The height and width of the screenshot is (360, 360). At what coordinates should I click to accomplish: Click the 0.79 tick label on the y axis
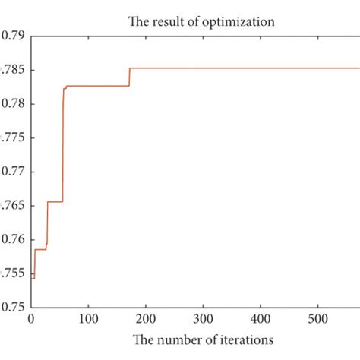(x=14, y=35)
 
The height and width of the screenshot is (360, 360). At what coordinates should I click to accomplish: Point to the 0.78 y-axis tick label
(x=14, y=103)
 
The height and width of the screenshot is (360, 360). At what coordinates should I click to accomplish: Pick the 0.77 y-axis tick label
(x=14, y=172)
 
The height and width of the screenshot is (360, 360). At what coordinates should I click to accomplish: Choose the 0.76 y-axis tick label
(x=14, y=240)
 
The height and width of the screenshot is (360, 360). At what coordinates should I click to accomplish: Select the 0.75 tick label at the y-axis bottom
(x=14, y=308)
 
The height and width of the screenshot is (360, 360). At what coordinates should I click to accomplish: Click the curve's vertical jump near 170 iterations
(x=129, y=77)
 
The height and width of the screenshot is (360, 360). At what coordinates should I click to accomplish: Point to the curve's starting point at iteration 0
(x=32, y=278)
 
